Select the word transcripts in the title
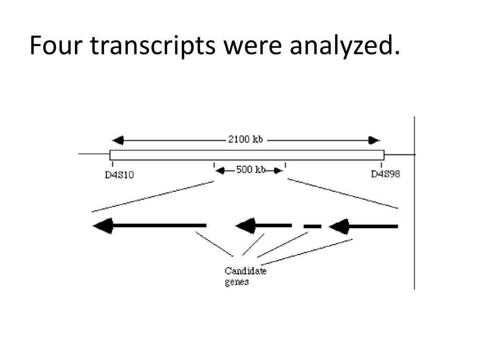point(153,45)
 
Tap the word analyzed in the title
point(345,45)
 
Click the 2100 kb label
point(245,140)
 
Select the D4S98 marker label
point(386,174)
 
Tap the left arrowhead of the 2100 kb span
point(118,140)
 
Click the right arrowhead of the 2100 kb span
point(374,140)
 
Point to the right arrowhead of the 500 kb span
point(278,170)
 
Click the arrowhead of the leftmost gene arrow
point(103,226)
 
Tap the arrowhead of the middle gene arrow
point(245,226)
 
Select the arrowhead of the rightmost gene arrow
point(338,226)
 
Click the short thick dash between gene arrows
point(312,226)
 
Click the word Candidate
point(245,271)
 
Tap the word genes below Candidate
point(236,282)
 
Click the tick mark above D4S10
point(112,164)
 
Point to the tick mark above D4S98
point(382,164)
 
